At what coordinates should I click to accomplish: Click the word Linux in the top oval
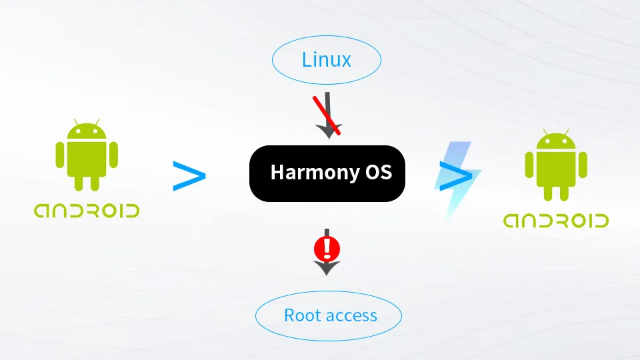[327, 60]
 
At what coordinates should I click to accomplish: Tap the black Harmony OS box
[327, 173]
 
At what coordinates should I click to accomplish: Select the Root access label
[331, 315]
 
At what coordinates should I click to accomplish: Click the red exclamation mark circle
[327, 248]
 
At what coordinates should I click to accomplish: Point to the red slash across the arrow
[327, 115]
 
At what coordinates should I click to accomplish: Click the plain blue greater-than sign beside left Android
[189, 176]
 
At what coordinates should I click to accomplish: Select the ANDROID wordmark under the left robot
[87, 211]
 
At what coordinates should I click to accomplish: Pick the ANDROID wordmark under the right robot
[556, 221]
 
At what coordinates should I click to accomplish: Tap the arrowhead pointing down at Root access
[327, 267]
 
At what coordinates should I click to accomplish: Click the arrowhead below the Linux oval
[329, 131]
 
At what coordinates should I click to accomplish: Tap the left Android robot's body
[87, 159]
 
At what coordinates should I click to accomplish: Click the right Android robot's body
[556, 169]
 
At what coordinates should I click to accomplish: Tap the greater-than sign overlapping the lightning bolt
[456, 176]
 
